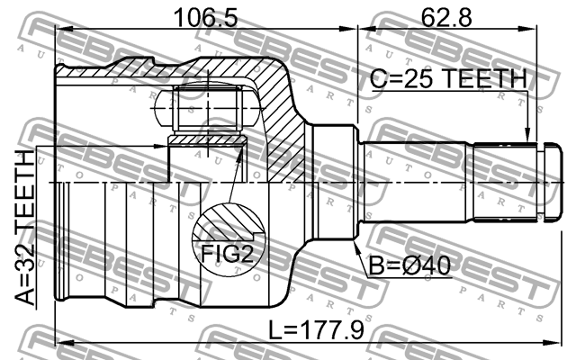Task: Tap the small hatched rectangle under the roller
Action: point(206,139)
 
